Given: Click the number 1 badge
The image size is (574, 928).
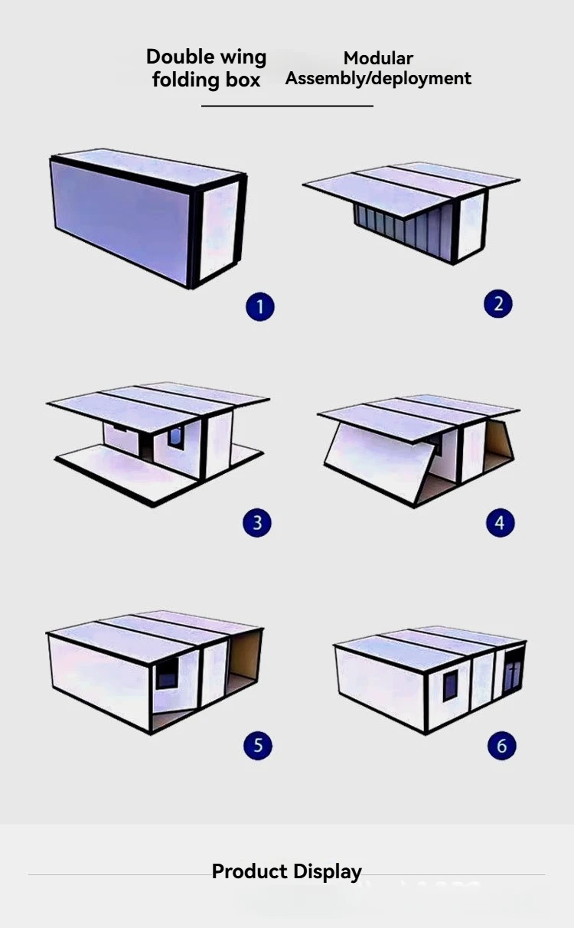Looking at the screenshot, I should [x=259, y=307].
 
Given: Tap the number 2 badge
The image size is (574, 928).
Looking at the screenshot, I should [x=498, y=303].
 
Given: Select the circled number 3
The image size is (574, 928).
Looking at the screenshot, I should [x=257, y=523].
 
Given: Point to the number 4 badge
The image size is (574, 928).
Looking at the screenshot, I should [x=500, y=523].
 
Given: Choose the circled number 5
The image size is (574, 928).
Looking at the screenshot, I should [x=257, y=746].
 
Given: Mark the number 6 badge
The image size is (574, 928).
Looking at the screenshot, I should [x=501, y=746].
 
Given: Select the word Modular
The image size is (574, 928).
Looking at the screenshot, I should [x=378, y=58].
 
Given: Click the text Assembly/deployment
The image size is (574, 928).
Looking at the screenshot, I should [x=378, y=78].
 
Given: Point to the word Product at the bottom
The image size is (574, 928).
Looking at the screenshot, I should [x=250, y=871].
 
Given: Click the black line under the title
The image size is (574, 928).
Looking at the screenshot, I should [x=287, y=106].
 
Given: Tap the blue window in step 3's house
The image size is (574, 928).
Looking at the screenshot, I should [x=176, y=437].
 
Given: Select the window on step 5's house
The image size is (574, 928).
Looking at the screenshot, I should [x=166, y=674].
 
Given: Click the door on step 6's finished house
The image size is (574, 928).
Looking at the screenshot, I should [x=513, y=671].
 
